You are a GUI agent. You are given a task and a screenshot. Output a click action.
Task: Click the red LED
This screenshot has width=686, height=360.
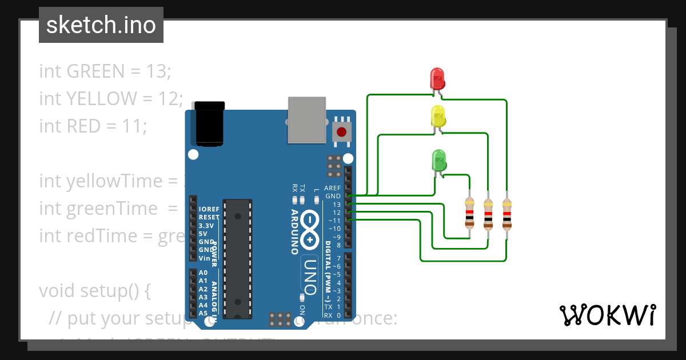[x=437, y=78]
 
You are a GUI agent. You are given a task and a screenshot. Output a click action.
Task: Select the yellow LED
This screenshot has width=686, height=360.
[x=437, y=116]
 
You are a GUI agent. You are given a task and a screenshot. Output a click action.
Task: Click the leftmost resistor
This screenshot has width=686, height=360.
[x=469, y=213]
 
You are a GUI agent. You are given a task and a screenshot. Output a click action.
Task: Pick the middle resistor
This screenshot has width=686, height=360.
[x=488, y=213]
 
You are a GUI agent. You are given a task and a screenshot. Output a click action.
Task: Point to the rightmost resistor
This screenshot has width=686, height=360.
[x=506, y=213]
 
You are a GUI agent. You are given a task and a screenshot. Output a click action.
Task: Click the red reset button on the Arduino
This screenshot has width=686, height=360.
[x=342, y=133]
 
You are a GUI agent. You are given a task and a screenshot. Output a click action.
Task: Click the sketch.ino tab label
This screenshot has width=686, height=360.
[x=101, y=25]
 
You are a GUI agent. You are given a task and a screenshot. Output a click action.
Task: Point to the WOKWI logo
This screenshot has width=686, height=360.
[x=607, y=315]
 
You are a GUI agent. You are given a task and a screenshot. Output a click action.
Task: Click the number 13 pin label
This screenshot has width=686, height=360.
[x=337, y=205]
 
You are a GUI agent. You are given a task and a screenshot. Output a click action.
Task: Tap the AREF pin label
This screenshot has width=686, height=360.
[x=332, y=188]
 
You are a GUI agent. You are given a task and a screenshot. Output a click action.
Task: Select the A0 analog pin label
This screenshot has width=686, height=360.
[x=203, y=273]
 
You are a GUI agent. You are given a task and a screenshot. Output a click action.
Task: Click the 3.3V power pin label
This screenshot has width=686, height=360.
[x=206, y=225]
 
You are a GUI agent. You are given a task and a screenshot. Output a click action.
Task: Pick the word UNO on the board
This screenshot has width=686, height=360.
[x=310, y=276]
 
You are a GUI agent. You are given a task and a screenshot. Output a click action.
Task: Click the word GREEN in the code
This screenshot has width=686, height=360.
[x=95, y=71]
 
